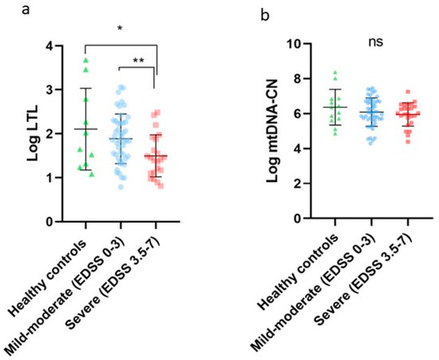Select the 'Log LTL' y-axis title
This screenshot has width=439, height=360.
[34, 133]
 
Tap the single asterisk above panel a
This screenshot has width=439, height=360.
[120, 28]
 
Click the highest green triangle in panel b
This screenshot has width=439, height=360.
[334, 72]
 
